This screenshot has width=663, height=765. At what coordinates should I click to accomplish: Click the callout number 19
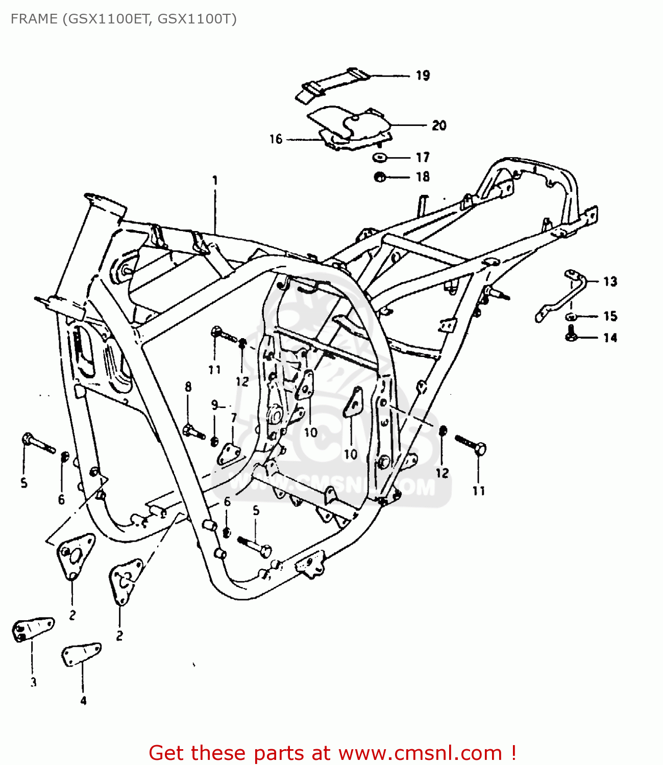pos(423,75)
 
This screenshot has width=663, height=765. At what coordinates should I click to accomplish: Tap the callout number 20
pos(438,125)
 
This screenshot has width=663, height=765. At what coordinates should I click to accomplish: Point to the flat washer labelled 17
pos(379,157)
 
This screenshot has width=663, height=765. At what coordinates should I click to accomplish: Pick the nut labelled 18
pos(379,177)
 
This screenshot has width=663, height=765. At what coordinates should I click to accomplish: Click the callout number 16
pos(276,139)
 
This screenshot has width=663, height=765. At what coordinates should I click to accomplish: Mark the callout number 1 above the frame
pos(215,180)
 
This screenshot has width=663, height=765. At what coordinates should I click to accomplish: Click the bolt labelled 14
pos(571,336)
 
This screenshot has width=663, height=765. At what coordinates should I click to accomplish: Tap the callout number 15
pos(610,316)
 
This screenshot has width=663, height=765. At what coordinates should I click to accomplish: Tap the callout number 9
pos(214,405)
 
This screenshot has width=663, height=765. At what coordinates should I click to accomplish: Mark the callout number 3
pos(33,682)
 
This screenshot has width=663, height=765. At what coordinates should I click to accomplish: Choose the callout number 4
pos(83,701)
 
